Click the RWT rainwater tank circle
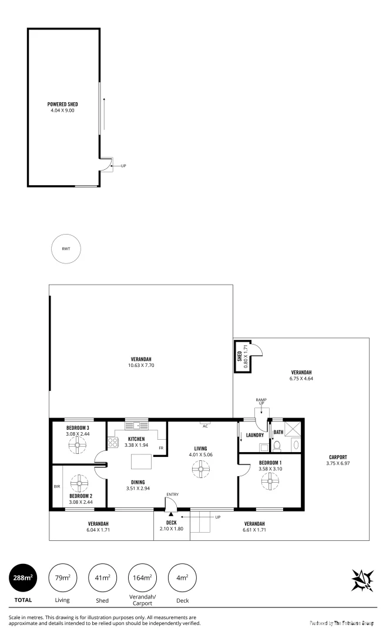click(x=66, y=249)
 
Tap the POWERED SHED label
click(x=63, y=104)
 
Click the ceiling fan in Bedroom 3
click(x=78, y=447)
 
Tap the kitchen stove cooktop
click(x=113, y=442)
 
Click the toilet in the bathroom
click(x=277, y=446)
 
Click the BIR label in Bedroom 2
click(x=56, y=487)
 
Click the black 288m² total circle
click(x=22, y=579)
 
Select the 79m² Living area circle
click(x=62, y=579)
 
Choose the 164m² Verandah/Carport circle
click(x=142, y=579)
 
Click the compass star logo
click(x=362, y=580)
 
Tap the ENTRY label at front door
click(x=173, y=494)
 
